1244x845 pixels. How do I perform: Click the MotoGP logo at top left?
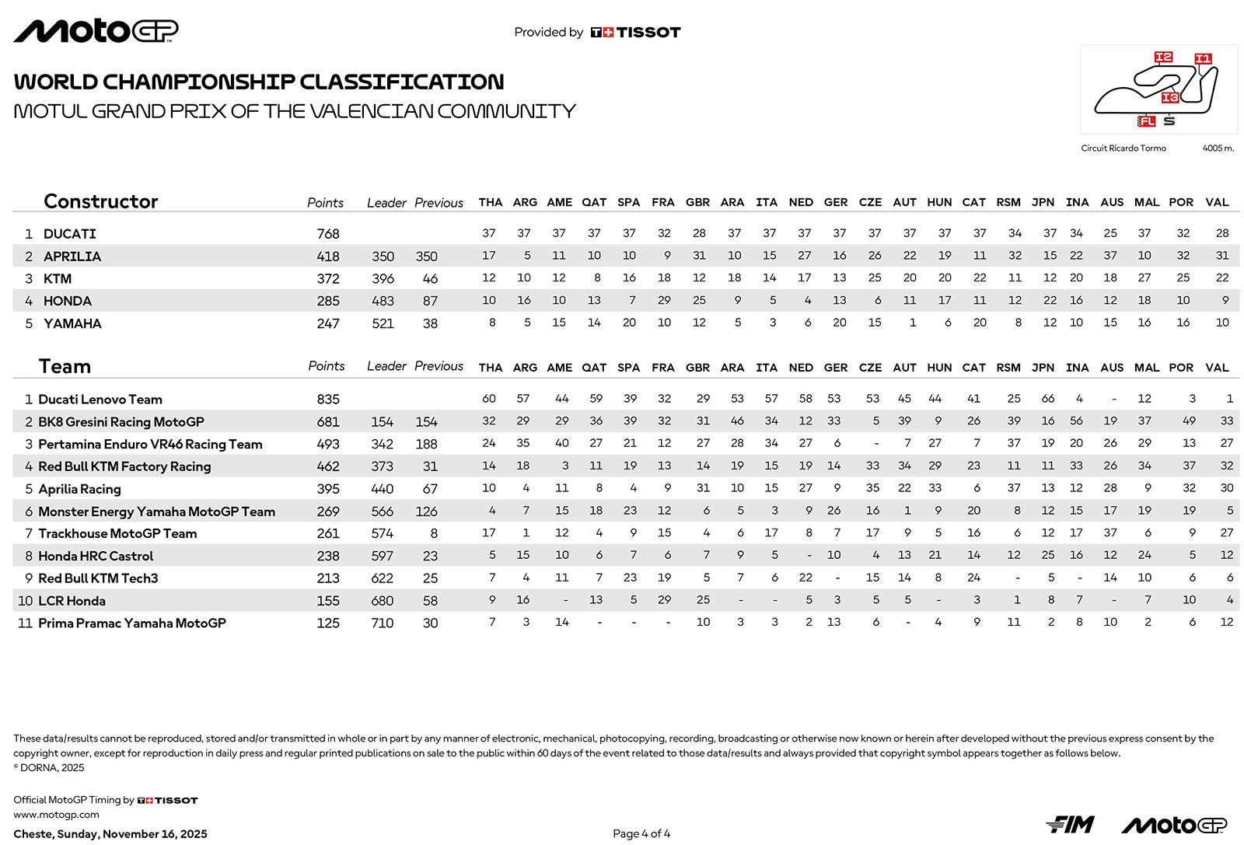pyautogui.click(x=96, y=31)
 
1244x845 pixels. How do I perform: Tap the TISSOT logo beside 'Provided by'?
pyautogui.click(x=635, y=33)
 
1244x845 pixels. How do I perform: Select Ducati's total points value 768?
pyautogui.click(x=328, y=233)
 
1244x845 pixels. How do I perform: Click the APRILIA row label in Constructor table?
pyautogui.click(x=72, y=257)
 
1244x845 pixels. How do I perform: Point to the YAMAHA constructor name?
pyautogui.click(x=72, y=323)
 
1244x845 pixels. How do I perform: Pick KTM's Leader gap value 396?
pyautogui.click(x=383, y=279)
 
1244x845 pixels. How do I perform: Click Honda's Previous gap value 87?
pyautogui.click(x=430, y=301)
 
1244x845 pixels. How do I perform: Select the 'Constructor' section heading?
pyautogui.click(x=100, y=201)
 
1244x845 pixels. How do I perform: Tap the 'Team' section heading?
pyautogui.click(x=65, y=366)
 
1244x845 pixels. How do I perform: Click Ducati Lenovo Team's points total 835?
pyautogui.click(x=328, y=400)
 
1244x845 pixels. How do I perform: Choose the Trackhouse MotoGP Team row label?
pyautogui.click(x=117, y=533)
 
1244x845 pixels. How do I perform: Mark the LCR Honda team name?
pyautogui.click(x=72, y=601)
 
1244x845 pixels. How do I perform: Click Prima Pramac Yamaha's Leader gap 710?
pyautogui.click(x=383, y=623)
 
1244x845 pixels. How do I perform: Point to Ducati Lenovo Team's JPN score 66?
pyautogui.click(x=1048, y=399)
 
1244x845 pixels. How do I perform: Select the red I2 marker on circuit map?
pyautogui.click(x=1163, y=57)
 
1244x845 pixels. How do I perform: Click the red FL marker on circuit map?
pyautogui.click(x=1147, y=121)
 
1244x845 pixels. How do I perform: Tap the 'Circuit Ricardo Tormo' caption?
pyautogui.click(x=1123, y=148)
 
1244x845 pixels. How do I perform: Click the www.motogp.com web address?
pyautogui.click(x=56, y=815)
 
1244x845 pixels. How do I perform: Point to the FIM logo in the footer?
pyautogui.click(x=1070, y=824)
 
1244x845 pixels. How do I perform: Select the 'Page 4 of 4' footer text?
pyautogui.click(x=641, y=834)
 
